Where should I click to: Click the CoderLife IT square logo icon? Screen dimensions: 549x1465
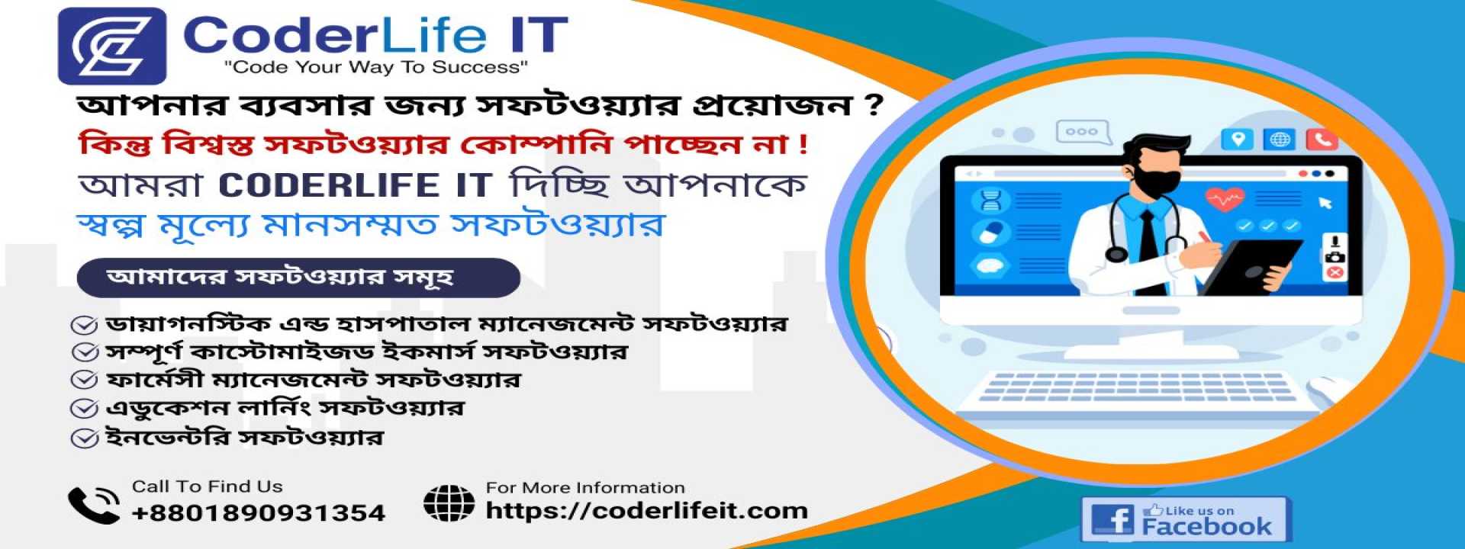pos(112,46)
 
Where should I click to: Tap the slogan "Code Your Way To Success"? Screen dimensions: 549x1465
pos(375,67)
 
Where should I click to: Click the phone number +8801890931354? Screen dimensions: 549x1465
pos(258,512)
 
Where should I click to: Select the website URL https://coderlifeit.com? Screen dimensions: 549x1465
pos(646,510)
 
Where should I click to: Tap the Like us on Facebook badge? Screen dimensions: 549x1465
pos(1185,519)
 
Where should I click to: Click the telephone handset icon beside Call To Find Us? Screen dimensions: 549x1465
pos(93,505)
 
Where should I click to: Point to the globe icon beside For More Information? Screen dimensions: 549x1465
pos(449,503)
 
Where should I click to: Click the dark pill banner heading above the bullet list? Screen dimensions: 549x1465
pos(298,278)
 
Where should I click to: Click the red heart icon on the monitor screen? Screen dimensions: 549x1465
pos(1224,201)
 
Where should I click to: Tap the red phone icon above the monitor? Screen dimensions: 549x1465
pos(1322,140)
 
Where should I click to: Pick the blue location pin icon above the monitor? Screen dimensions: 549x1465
pos(1237,140)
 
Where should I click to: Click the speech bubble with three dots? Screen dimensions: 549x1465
pos(1081,133)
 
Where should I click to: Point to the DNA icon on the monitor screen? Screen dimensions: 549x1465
pos(990,201)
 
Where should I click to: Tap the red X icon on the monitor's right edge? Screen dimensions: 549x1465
pos(1335,273)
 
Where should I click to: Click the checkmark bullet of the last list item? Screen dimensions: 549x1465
pos(84,439)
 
